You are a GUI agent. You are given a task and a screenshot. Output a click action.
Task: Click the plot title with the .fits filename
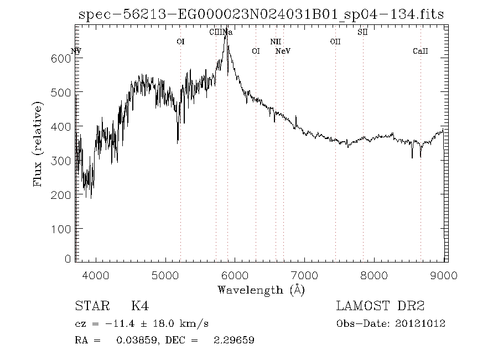261,14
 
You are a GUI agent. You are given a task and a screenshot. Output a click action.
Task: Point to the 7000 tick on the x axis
304,275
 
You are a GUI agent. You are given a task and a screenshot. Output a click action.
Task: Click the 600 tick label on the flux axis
65,59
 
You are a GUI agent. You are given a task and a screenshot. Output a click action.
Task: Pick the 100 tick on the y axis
65,229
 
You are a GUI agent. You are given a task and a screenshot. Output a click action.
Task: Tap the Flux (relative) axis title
38,144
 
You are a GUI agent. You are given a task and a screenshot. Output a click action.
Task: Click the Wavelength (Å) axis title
261,290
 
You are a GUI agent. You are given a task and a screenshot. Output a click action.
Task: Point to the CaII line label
421,52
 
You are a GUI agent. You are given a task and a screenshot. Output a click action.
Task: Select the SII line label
363,32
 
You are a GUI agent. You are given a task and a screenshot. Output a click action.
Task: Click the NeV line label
283,52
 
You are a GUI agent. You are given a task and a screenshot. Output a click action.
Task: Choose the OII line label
335,42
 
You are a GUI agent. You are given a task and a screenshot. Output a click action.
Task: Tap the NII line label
276,42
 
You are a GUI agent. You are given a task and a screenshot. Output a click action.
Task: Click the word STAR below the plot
90,306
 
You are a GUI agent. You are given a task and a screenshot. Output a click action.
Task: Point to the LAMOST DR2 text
380,306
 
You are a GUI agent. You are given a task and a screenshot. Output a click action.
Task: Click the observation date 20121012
421,323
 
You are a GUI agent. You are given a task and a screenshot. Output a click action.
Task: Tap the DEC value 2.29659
234,340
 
